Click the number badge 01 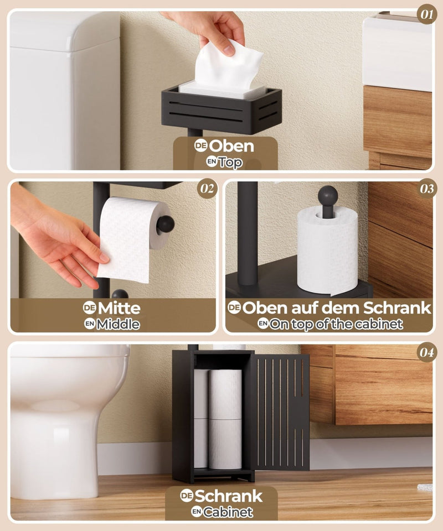pyautogui.click(x=427, y=14)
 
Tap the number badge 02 pyautogui.click(x=207, y=189)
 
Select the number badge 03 pyautogui.click(x=427, y=189)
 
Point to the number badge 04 pyautogui.click(x=427, y=352)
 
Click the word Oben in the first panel pyautogui.click(x=231, y=146)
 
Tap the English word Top pyautogui.click(x=230, y=162)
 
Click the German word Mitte pyautogui.click(x=119, y=308)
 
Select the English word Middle pyautogui.click(x=118, y=325)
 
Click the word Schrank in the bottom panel pyautogui.click(x=229, y=496)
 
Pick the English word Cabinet pyautogui.click(x=228, y=512)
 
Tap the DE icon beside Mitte pyautogui.click(x=90, y=308)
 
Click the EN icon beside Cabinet pyautogui.click(x=197, y=511)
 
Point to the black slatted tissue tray pyautogui.click(x=221, y=110)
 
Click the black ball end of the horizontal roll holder pyautogui.click(x=166, y=224)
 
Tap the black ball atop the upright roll pyautogui.click(x=328, y=195)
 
